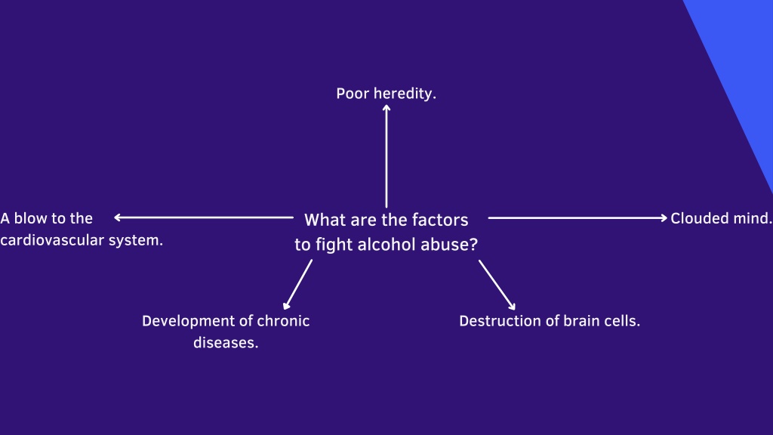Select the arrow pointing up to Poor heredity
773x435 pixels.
(x=386, y=156)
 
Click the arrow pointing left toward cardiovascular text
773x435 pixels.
(x=204, y=217)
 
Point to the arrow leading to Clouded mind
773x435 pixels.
(x=577, y=217)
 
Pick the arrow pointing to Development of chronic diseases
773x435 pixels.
(x=297, y=284)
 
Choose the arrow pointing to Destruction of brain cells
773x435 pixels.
(x=497, y=285)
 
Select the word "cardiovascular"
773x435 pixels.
(x=52, y=240)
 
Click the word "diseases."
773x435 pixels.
(x=226, y=342)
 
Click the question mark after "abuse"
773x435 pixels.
(x=474, y=244)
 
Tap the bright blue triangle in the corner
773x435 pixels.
(x=742, y=59)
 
